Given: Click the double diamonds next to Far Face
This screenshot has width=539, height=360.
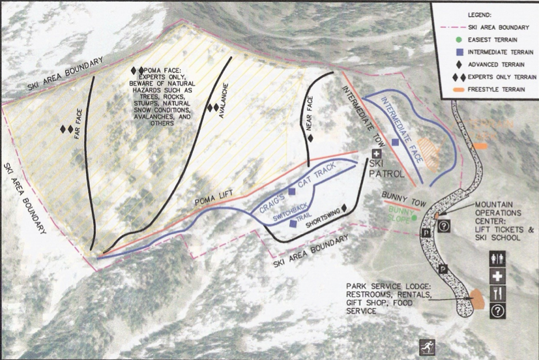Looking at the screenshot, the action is (66, 129).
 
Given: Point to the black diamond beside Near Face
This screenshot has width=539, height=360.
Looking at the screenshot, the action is (310, 138).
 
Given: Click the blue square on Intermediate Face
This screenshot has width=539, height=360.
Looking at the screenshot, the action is (395, 142).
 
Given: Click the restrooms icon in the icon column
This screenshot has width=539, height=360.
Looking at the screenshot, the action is (497, 259).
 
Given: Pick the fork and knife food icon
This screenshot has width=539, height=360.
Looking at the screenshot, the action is (497, 293).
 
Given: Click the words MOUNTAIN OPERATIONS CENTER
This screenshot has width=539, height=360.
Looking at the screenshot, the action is (498, 213).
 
